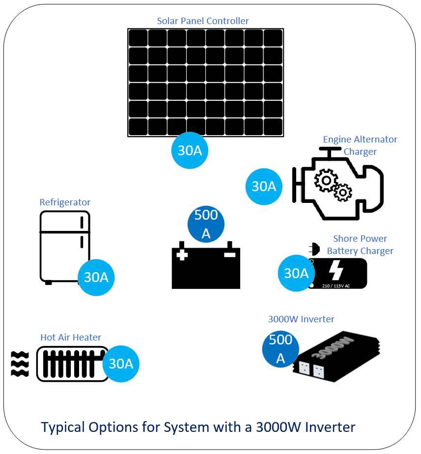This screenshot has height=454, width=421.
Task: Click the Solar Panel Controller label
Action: pos(202,21)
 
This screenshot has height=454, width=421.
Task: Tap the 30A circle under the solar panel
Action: pos(190,151)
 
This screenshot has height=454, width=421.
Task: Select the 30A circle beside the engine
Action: pos(264,187)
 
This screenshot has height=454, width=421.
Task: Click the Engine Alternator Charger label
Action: pos(360,145)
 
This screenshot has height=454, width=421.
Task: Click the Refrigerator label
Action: pos(65,202)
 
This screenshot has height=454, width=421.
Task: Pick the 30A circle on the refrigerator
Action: pos(96,277)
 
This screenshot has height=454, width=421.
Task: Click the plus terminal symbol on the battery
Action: pos(182,255)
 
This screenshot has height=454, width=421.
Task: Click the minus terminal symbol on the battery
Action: pos(229,255)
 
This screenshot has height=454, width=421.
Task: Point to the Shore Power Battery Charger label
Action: pos(360,245)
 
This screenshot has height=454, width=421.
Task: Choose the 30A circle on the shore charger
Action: pos(296,273)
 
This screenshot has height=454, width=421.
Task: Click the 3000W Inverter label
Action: pos(301,319)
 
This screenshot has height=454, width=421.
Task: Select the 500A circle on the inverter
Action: pos(281,349)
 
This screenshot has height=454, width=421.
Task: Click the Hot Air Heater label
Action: pos(71,338)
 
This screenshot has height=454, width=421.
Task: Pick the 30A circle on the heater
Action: pos(121,364)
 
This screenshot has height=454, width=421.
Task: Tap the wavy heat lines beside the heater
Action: pos(20,364)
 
